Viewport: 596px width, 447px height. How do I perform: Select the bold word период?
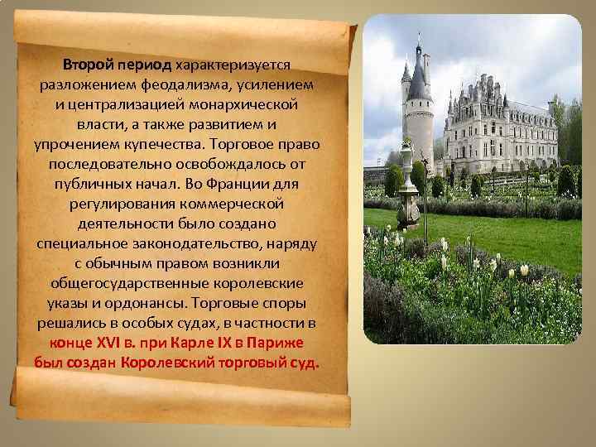[144, 64]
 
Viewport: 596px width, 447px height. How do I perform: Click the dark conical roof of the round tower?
[420, 79]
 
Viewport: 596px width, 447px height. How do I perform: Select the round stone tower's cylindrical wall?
[418, 128]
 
